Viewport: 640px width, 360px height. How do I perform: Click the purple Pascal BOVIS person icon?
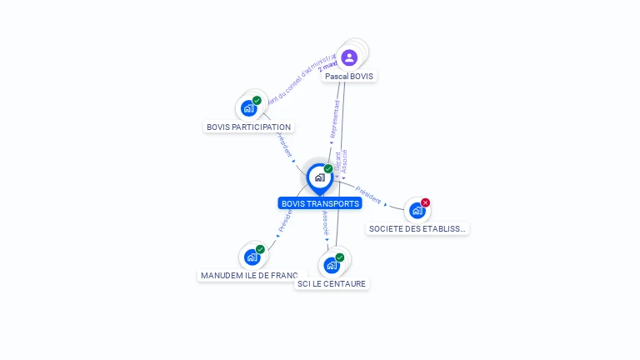click(x=349, y=57)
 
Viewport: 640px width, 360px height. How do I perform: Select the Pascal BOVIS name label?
click(x=349, y=76)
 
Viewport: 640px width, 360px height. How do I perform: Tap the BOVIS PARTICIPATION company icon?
click(x=248, y=108)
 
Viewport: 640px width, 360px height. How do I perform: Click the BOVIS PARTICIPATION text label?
click(x=248, y=127)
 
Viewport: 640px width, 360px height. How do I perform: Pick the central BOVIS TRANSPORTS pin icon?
click(x=319, y=177)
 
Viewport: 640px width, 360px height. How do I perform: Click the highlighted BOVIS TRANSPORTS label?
click(x=320, y=203)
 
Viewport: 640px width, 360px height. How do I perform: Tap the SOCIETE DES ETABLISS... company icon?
click(x=417, y=211)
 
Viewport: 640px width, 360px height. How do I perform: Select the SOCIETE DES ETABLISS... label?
click(x=417, y=228)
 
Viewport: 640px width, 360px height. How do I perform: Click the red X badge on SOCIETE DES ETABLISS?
click(x=425, y=202)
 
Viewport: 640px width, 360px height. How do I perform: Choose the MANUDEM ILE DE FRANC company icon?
click(x=252, y=257)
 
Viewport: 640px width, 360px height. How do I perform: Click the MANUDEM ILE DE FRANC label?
click(x=248, y=275)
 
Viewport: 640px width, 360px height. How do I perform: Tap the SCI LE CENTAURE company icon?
click(x=332, y=266)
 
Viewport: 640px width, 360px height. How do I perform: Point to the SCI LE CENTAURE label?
click(x=332, y=283)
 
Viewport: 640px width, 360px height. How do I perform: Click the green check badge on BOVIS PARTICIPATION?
click(x=257, y=100)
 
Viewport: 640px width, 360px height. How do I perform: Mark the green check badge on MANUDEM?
click(x=260, y=249)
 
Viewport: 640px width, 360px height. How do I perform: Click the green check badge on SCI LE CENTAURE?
click(x=339, y=257)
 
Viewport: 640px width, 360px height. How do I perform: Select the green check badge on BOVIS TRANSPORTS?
click(x=328, y=169)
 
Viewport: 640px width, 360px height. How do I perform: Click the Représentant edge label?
click(x=335, y=120)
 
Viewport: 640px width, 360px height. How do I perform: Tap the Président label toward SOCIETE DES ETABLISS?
click(x=367, y=195)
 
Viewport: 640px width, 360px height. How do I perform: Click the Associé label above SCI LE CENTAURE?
click(x=326, y=222)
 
